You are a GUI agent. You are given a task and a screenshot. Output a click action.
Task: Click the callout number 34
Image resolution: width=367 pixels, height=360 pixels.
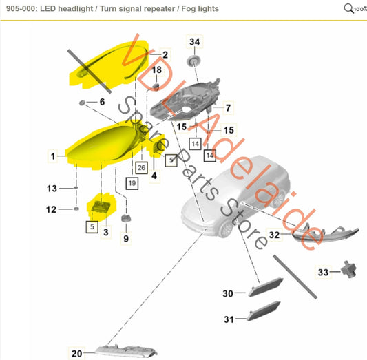[x=195, y=42]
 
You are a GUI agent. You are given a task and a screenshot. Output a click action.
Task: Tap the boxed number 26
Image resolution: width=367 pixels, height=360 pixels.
[x=141, y=167]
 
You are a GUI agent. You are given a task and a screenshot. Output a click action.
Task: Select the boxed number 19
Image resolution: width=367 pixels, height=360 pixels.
[x=131, y=183]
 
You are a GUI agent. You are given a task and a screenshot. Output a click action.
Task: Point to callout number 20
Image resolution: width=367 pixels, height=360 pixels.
[x=76, y=353]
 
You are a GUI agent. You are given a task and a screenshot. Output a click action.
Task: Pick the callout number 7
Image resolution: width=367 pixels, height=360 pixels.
[x=228, y=107]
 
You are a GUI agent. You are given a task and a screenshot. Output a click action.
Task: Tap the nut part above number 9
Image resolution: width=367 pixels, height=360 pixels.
[x=125, y=219]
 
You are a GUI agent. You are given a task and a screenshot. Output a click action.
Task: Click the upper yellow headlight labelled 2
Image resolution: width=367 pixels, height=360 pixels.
[x=110, y=65]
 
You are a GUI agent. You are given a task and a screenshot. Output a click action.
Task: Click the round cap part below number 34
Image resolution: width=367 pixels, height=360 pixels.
[x=195, y=63]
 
